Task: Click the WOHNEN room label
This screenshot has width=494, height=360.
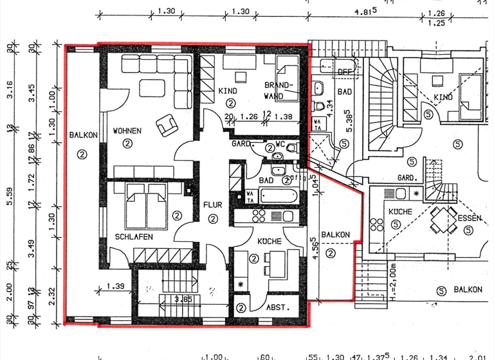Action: pyautogui.click(x=127, y=131)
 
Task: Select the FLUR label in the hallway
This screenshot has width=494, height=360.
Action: pyautogui.click(x=212, y=205)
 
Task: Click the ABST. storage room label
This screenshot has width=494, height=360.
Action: pyautogui.click(x=277, y=307)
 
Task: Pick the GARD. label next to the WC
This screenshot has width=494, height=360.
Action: pyautogui.click(x=241, y=143)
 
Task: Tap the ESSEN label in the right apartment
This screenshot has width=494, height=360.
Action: pyautogui.click(x=469, y=218)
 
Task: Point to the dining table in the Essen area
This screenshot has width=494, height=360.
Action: pyautogui.click(x=441, y=221)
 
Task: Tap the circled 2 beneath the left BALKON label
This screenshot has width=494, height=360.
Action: pyautogui.click(x=82, y=154)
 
